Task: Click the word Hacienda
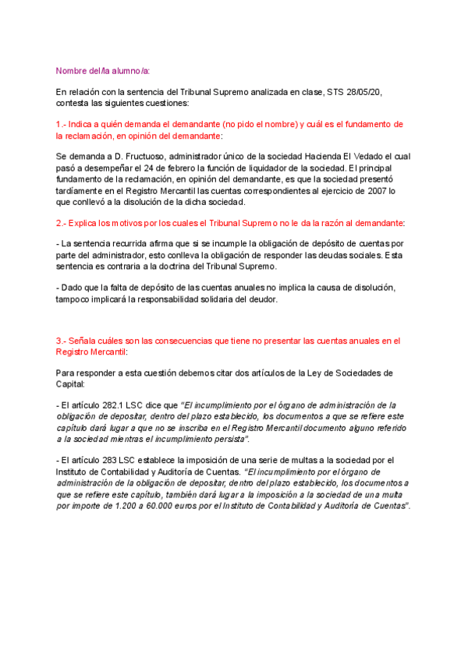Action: coord(322,156)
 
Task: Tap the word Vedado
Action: coord(371,156)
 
